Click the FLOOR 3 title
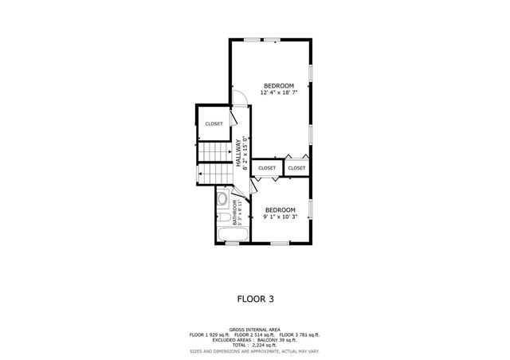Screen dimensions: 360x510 click(x=255, y=299)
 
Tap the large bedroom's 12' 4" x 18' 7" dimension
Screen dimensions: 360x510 click(x=279, y=93)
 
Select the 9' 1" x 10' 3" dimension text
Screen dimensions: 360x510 click(x=280, y=217)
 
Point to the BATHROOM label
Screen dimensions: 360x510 click(x=234, y=213)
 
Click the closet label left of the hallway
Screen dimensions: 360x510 click(x=214, y=123)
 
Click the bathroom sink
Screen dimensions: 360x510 click(x=222, y=198)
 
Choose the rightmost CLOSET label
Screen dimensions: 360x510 click(x=296, y=168)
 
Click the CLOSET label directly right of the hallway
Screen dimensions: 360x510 click(x=267, y=168)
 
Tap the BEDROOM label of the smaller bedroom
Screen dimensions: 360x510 click(x=280, y=209)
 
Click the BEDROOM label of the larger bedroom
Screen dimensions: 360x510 click(x=279, y=86)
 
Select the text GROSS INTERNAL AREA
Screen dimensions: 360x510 click(x=255, y=329)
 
